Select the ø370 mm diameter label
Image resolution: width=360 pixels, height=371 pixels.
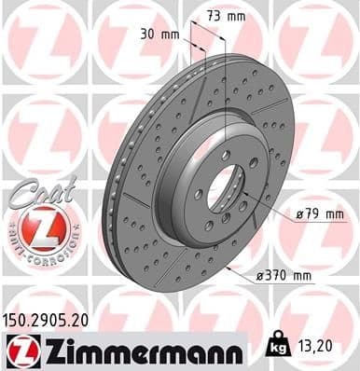(284, 276)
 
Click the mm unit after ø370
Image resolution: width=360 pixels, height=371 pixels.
(304, 276)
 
